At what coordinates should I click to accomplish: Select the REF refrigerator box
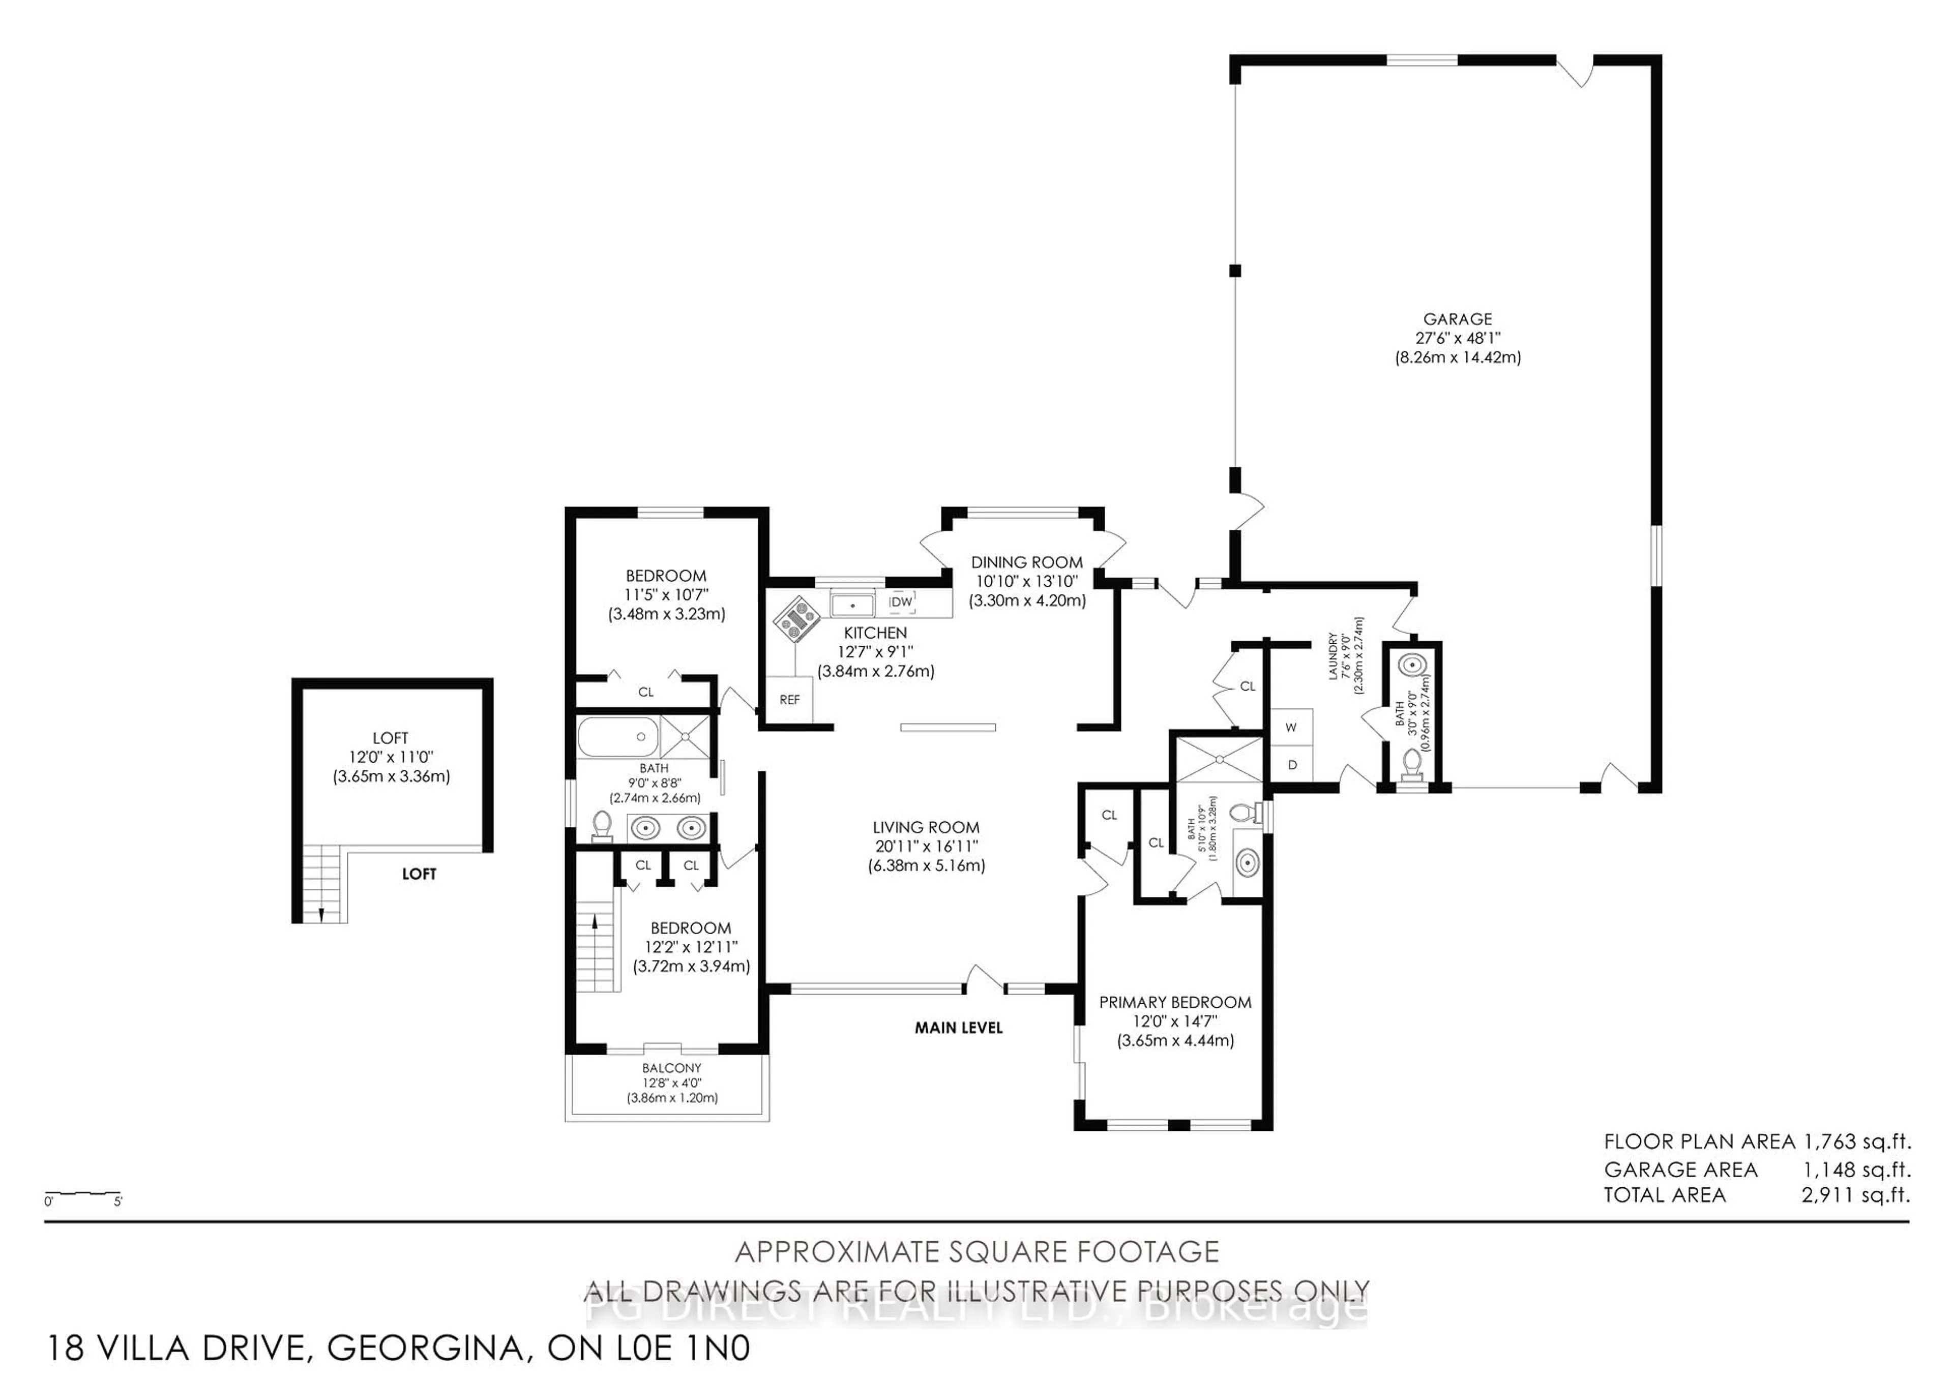point(789,700)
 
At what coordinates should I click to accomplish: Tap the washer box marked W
point(1291,727)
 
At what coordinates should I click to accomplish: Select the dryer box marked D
point(1291,764)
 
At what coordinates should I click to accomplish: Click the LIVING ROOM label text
point(926,827)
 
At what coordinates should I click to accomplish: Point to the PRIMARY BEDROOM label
point(1175,1003)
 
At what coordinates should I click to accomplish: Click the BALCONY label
point(671,1068)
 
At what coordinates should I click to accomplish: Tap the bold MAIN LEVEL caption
point(959,1028)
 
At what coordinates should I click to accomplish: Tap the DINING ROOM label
point(1027,562)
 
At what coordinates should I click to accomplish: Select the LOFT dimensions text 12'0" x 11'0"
point(391,757)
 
